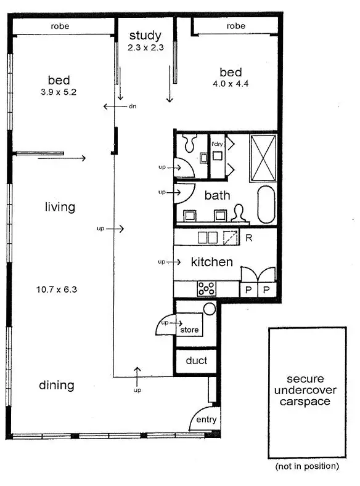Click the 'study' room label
(x=145, y=36)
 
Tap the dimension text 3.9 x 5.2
(x=59, y=92)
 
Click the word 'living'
(x=60, y=207)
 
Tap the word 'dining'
(x=57, y=386)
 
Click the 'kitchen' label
(x=211, y=262)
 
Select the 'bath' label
(x=217, y=196)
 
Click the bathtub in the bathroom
(x=266, y=205)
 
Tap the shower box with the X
(x=264, y=158)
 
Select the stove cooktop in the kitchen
(x=205, y=288)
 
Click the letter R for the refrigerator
(x=249, y=237)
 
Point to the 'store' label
(x=189, y=330)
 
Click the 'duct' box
(x=196, y=361)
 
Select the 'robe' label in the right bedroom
(x=235, y=26)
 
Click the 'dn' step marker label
(x=132, y=107)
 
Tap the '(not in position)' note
(x=308, y=466)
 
